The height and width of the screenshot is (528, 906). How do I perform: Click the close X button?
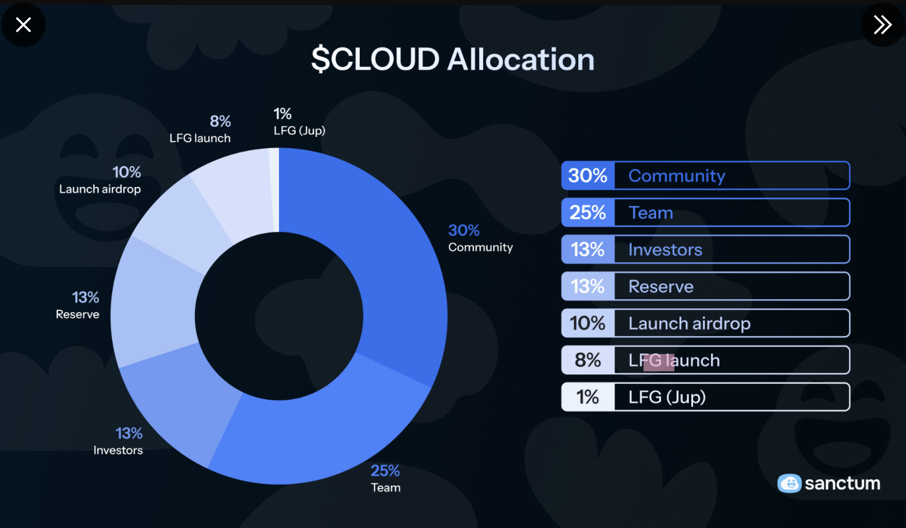(x=23, y=25)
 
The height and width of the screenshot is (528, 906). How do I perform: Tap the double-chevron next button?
(x=883, y=25)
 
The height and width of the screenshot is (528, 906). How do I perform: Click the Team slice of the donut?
(x=309, y=426)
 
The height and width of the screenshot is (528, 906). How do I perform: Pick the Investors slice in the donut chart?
(x=179, y=407)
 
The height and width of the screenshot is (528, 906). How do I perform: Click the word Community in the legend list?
(x=676, y=176)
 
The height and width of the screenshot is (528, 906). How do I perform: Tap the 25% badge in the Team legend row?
(x=588, y=213)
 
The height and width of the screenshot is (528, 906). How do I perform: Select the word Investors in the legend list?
(x=665, y=250)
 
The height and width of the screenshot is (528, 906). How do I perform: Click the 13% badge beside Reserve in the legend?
(x=588, y=286)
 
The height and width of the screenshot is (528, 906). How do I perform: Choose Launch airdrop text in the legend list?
(x=689, y=323)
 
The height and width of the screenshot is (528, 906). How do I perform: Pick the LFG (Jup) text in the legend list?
(x=667, y=397)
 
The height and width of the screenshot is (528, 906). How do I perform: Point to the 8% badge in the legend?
(x=588, y=360)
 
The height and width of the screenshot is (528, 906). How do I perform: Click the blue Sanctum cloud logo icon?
(x=789, y=483)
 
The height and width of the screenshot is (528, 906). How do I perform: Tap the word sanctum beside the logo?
(x=842, y=483)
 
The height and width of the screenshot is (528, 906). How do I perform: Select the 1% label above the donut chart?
(x=283, y=114)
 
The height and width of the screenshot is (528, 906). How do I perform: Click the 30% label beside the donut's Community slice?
(x=464, y=231)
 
